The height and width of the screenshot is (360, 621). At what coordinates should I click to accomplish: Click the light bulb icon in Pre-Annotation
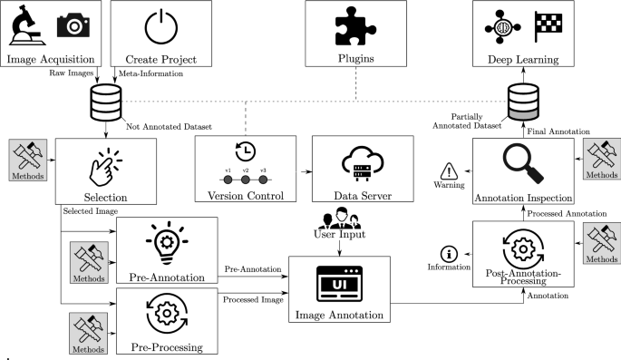(x=166, y=238)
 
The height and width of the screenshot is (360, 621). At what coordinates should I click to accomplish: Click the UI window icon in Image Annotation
(x=339, y=283)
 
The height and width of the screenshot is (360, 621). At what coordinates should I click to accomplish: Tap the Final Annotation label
(x=560, y=131)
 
